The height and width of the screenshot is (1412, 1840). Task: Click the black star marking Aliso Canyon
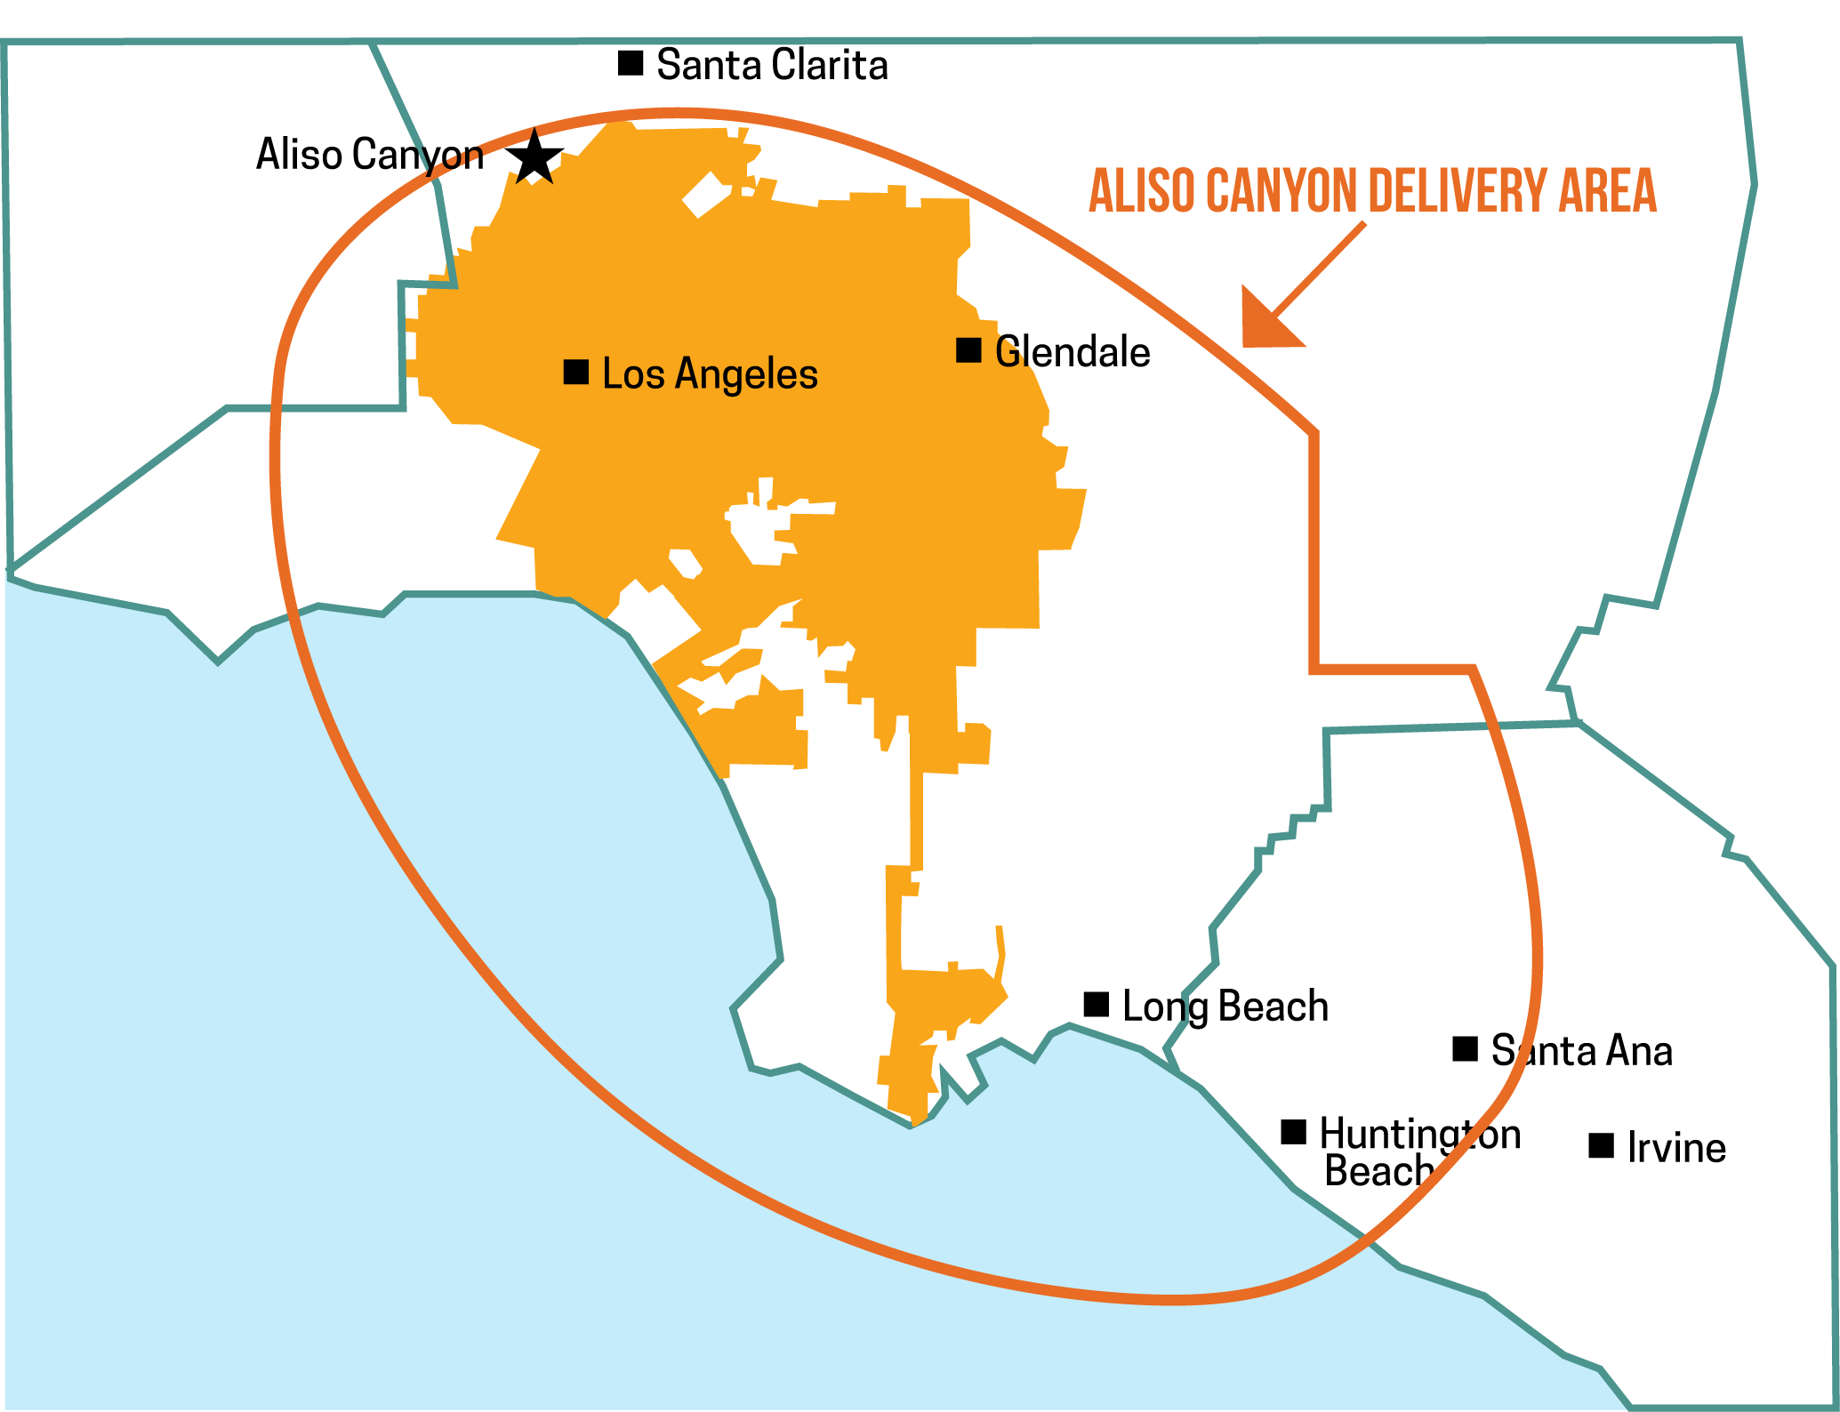[x=534, y=158]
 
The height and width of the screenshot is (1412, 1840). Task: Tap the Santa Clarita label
[x=772, y=65]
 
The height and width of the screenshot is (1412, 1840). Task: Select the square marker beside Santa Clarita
[x=631, y=63]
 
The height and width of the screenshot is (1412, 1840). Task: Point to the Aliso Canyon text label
[x=369, y=155]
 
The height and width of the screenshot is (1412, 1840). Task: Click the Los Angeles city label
[x=710, y=373]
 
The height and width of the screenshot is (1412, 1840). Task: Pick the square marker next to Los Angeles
[x=576, y=372]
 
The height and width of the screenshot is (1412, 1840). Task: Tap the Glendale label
[x=1073, y=352]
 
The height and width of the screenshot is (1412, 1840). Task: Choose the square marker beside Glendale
[x=968, y=350]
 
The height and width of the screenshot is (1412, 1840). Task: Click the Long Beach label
[x=1225, y=1007]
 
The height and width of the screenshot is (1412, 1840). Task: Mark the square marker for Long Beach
[x=1097, y=1005]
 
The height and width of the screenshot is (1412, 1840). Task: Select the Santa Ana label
[x=1581, y=1051]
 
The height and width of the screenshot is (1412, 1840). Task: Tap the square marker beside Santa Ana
[x=1465, y=1049]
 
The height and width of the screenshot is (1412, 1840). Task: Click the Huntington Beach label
[x=1419, y=1152]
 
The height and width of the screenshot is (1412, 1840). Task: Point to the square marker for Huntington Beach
[x=1293, y=1133]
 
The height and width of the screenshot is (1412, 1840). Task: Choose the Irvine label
[x=1676, y=1148]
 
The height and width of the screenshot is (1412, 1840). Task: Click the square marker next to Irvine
[x=1601, y=1146]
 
